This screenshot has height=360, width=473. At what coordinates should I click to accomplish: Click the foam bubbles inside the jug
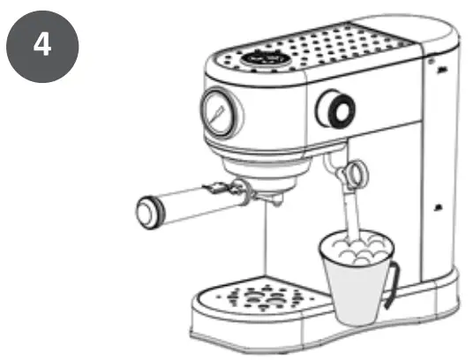pos(357,247)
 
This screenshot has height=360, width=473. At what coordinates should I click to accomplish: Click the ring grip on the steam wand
pos(356,172)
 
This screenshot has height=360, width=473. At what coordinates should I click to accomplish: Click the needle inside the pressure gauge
pos(216,112)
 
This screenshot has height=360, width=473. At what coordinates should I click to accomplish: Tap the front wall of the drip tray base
pos(256,331)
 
